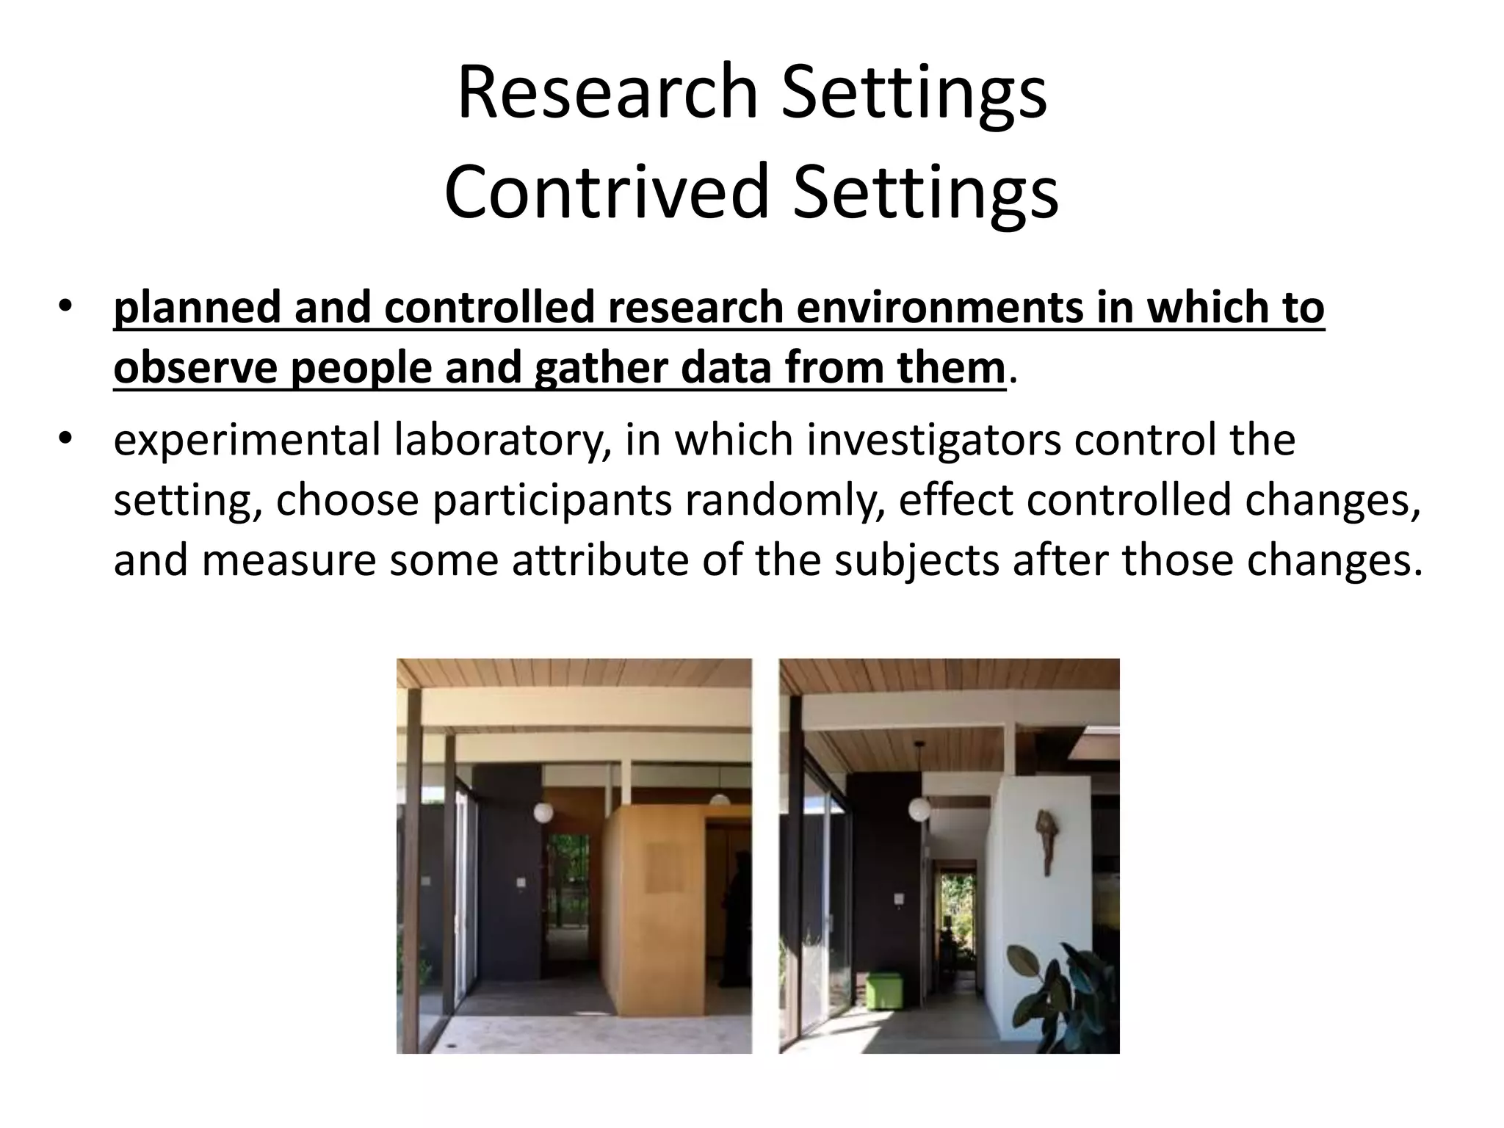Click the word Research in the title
pos(607,93)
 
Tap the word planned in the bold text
pos(197,307)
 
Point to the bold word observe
pos(195,367)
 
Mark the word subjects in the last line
pos(916,560)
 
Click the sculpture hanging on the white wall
pos(1043,841)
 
